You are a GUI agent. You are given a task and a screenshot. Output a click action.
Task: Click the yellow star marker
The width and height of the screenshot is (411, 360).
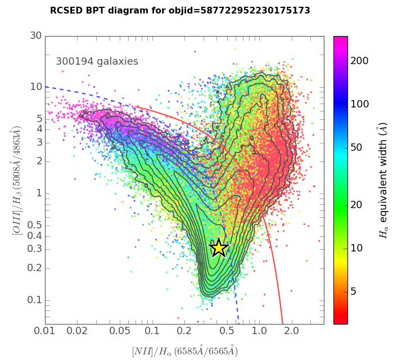point(219,247)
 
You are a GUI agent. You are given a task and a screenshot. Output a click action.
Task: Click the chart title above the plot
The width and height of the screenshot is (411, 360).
point(180,11)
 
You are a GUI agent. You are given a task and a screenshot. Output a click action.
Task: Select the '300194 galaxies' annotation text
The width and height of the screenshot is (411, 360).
point(97,62)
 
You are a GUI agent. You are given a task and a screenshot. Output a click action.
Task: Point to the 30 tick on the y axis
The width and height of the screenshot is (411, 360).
point(36,36)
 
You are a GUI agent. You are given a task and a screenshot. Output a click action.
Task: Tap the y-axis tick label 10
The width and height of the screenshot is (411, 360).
point(36,87)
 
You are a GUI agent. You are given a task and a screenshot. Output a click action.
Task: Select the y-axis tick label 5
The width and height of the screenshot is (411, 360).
point(39,119)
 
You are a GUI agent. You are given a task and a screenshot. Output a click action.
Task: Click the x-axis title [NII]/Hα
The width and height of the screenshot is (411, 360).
point(185,351)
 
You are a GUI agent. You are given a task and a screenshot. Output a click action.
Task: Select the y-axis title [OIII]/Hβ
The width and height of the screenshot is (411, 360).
point(16,180)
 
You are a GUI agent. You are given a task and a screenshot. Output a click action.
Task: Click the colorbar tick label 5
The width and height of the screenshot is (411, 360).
point(354,291)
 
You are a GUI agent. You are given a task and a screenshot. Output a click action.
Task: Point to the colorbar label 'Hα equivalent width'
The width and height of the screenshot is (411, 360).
point(384,180)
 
